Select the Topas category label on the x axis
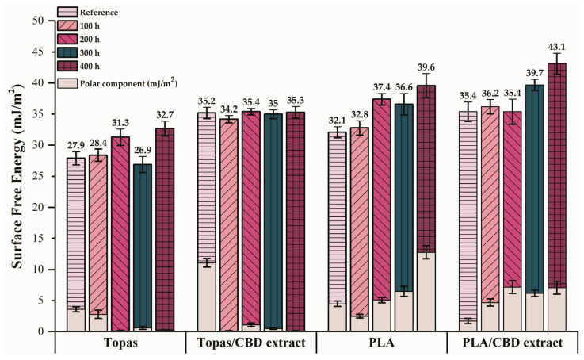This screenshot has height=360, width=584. coord(120,343)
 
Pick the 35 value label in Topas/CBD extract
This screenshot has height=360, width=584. coord(273,102)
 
